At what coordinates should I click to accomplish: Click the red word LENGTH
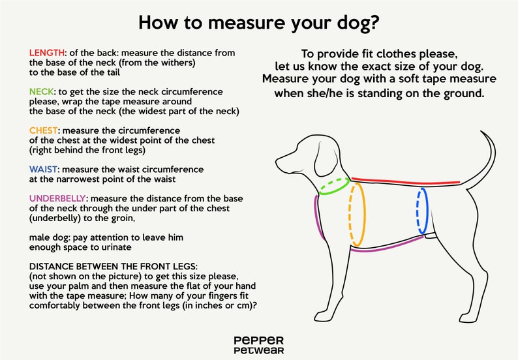tap(46, 53)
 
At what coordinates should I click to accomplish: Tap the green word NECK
tap(41, 92)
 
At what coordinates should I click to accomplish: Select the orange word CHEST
tap(43, 130)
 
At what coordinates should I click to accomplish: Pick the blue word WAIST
tap(43, 170)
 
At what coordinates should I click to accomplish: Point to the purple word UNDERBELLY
tap(57, 198)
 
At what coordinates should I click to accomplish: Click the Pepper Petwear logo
tap(258, 346)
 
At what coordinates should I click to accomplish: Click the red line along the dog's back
tap(406, 181)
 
